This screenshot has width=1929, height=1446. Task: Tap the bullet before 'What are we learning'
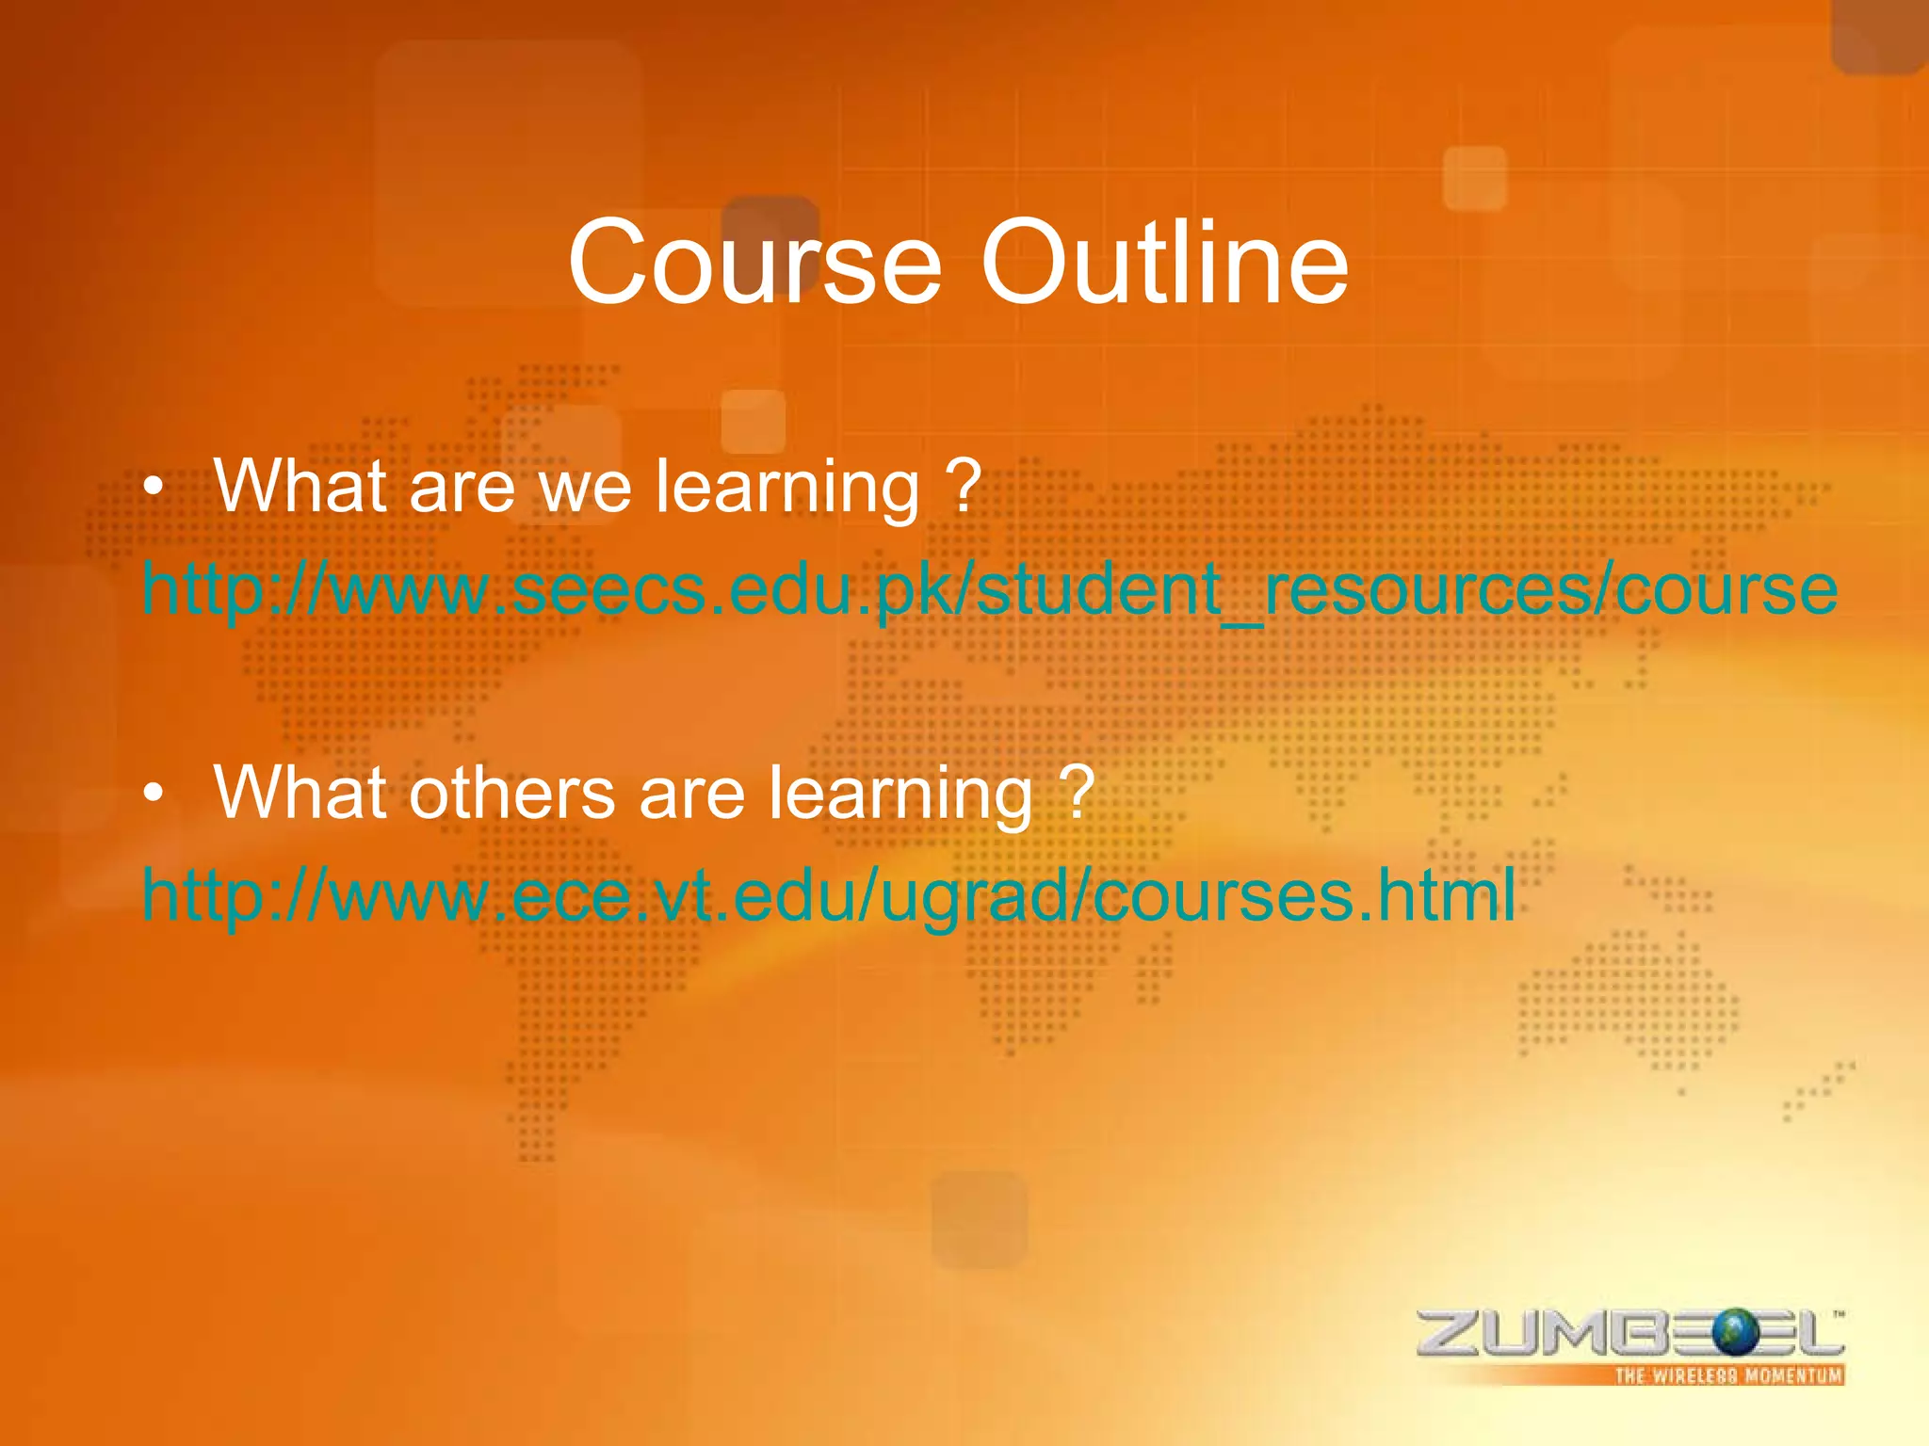click(x=154, y=489)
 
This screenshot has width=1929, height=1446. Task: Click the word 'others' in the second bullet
click(x=512, y=794)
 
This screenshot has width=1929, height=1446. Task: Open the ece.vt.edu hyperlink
click(x=829, y=895)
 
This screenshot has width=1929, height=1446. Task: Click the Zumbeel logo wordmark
click(x=1629, y=1334)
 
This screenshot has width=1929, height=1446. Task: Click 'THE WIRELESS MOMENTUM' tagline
click(x=1728, y=1375)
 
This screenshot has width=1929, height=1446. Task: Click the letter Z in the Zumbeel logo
click(x=1451, y=1334)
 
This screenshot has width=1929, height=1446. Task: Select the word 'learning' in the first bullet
click(x=787, y=489)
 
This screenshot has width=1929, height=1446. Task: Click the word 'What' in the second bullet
click(x=300, y=794)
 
